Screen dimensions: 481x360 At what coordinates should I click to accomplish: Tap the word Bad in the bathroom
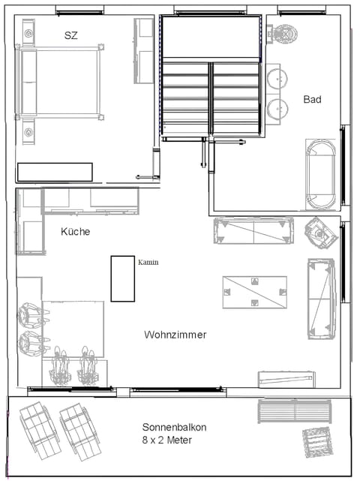pyautogui.click(x=313, y=99)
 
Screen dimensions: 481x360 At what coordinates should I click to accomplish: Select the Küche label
pyautogui.click(x=75, y=232)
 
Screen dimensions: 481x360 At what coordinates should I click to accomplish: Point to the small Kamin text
pyautogui.click(x=148, y=263)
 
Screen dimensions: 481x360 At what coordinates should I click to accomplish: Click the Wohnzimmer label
pyautogui.click(x=175, y=335)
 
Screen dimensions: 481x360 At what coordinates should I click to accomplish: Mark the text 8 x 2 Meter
pyautogui.click(x=166, y=440)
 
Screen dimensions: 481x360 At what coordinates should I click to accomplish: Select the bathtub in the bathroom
pyautogui.click(x=323, y=173)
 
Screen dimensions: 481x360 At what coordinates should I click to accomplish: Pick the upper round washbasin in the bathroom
pyautogui.click(x=278, y=77)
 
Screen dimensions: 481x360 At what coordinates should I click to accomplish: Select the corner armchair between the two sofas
pyautogui.click(x=323, y=233)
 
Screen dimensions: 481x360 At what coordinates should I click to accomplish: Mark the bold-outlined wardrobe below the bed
pyautogui.click(x=55, y=172)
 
